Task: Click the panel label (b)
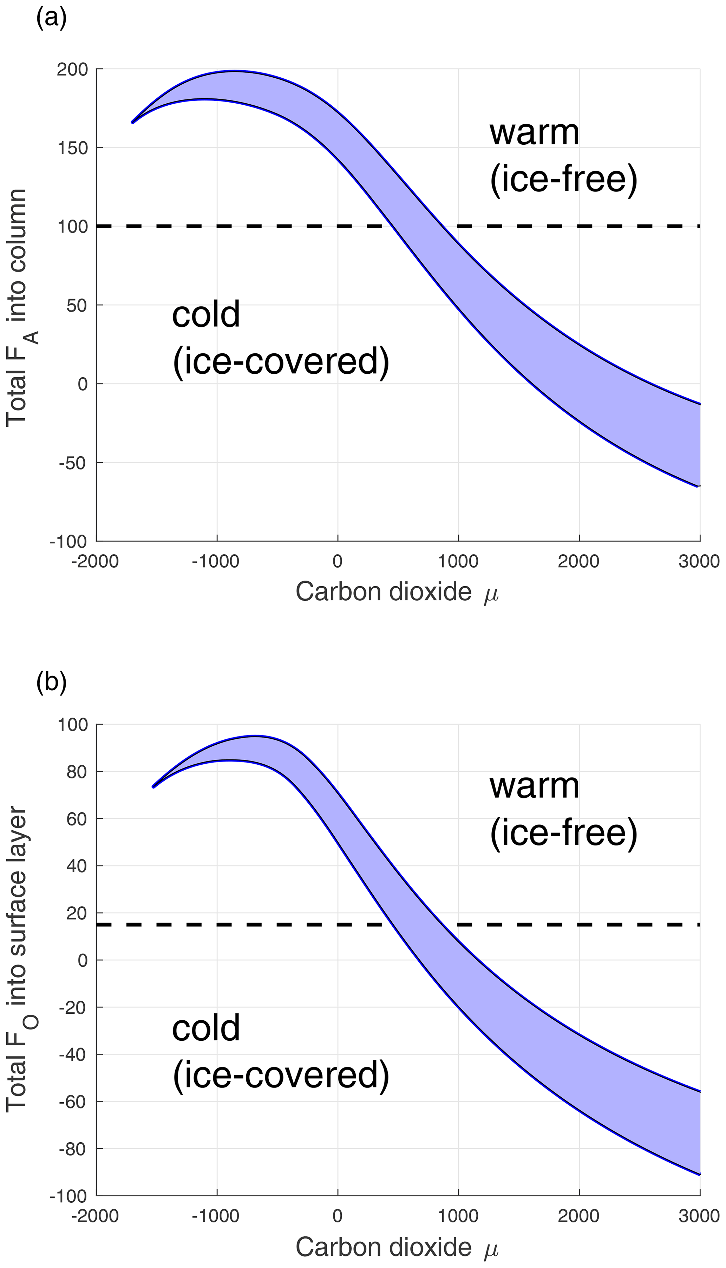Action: point(51,682)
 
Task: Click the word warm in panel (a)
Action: point(535,133)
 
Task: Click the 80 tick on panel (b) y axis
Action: point(75,771)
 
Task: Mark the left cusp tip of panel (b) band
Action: point(153,786)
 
